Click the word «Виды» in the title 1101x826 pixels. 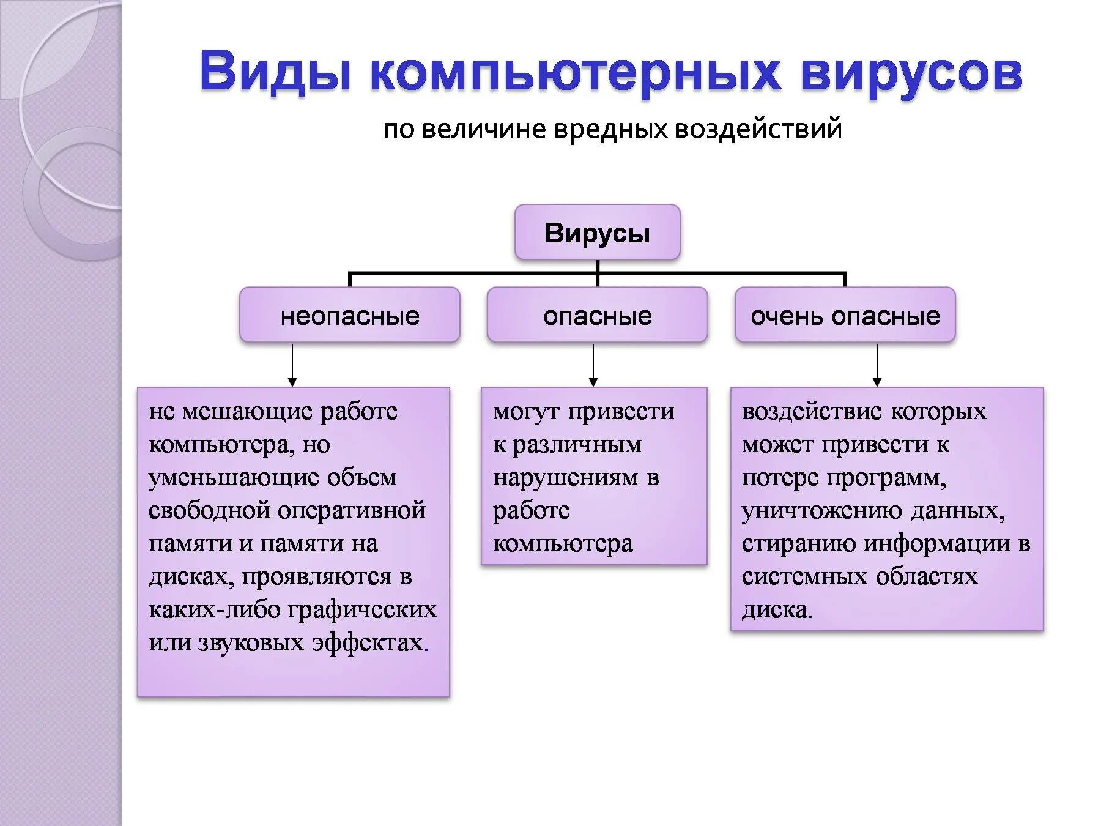point(275,72)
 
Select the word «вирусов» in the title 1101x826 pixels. point(911,72)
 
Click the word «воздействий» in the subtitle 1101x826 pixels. point(758,129)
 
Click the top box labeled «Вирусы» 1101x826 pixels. point(597,233)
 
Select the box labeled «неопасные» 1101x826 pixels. point(349,315)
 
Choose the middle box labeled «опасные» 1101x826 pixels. point(597,315)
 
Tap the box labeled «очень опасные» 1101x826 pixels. point(845,315)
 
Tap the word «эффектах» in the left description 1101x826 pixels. point(369,642)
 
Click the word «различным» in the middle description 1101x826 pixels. point(577,444)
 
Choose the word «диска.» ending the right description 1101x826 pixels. point(777,609)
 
